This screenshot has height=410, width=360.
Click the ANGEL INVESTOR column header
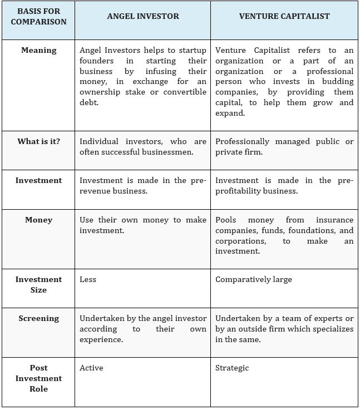[143, 16]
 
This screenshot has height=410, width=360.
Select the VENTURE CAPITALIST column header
[284, 16]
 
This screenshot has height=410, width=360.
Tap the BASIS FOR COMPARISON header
[38, 16]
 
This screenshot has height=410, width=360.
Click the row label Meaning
[38, 50]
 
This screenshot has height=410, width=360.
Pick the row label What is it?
[38, 141]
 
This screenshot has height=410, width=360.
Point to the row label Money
[38, 220]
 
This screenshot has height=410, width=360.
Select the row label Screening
[38, 318]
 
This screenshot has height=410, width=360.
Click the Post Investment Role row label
[38, 378]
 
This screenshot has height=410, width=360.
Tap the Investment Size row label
[38, 284]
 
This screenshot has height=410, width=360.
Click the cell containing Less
[88, 279]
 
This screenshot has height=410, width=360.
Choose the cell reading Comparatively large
[253, 279]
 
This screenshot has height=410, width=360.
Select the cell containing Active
[91, 368]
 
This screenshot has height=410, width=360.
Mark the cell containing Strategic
[232, 368]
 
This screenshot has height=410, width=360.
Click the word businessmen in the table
[166, 152]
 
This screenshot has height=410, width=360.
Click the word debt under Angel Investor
[89, 102]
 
